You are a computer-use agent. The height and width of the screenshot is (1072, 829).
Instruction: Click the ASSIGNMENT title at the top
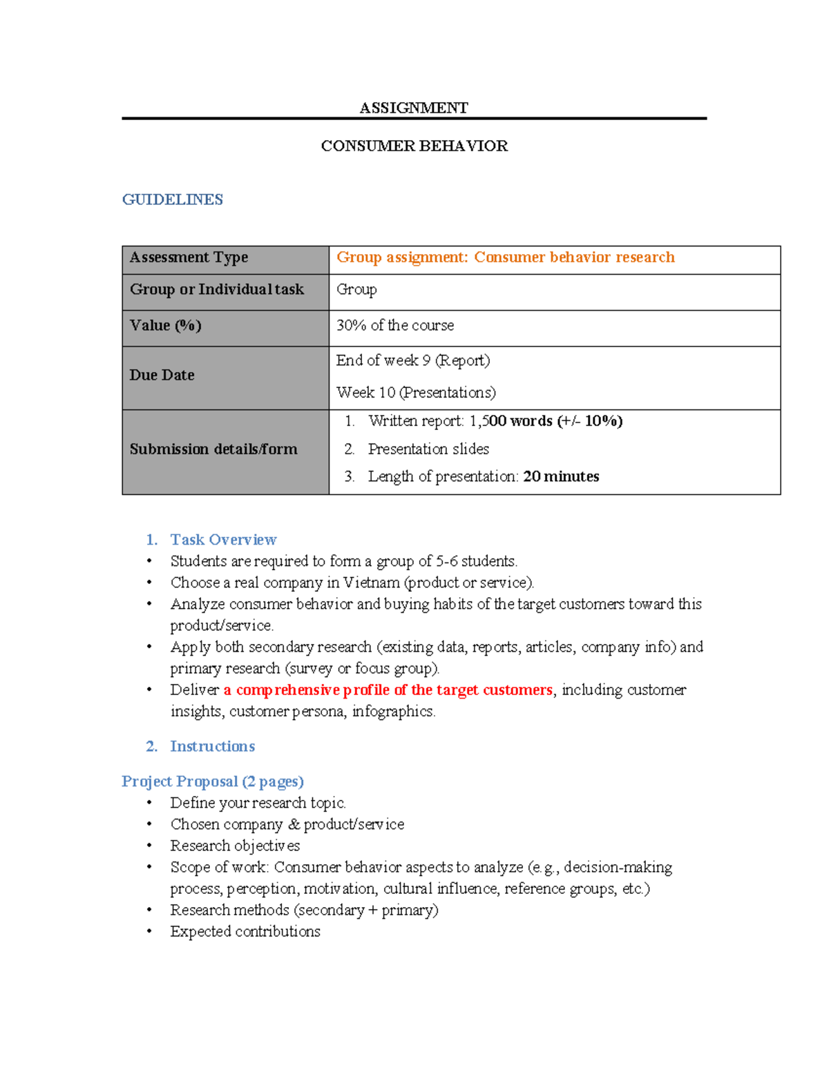click(414, 108)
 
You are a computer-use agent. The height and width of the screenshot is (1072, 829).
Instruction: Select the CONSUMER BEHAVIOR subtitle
click(414, 146)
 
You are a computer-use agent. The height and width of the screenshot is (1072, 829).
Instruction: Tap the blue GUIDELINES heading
click(172, 199)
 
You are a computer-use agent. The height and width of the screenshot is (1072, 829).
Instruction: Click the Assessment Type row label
click(189, 257)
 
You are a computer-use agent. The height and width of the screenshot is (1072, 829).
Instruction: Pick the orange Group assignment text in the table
click(505, 257)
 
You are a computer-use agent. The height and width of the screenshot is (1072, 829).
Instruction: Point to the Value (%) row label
click(165, 325)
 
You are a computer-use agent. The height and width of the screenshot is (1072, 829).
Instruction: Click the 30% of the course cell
click(395, 325)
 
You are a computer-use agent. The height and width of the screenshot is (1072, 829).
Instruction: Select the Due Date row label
click(162, 375)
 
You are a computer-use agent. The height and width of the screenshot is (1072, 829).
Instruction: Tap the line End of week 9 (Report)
click(413, 360)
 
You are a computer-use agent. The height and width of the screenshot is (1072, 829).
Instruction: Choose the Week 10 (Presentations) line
click(416, 392)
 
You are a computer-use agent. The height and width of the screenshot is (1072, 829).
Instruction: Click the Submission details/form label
click(213, 449)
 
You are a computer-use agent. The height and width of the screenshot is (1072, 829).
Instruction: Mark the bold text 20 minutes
click(561, 476)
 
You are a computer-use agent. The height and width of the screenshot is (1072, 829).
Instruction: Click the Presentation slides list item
click(428, 449)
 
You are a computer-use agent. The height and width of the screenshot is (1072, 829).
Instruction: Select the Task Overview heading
click(223, 540)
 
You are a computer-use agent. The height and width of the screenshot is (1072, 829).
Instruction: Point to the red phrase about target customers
click(388, 690)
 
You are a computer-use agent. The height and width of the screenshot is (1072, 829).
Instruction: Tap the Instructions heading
click(212, 746)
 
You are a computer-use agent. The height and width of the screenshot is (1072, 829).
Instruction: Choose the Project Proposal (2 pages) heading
click(213, 781)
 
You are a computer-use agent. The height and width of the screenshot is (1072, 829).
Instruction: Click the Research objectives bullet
click(235, 846)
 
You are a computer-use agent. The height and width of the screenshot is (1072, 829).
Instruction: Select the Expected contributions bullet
click(245, 931)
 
